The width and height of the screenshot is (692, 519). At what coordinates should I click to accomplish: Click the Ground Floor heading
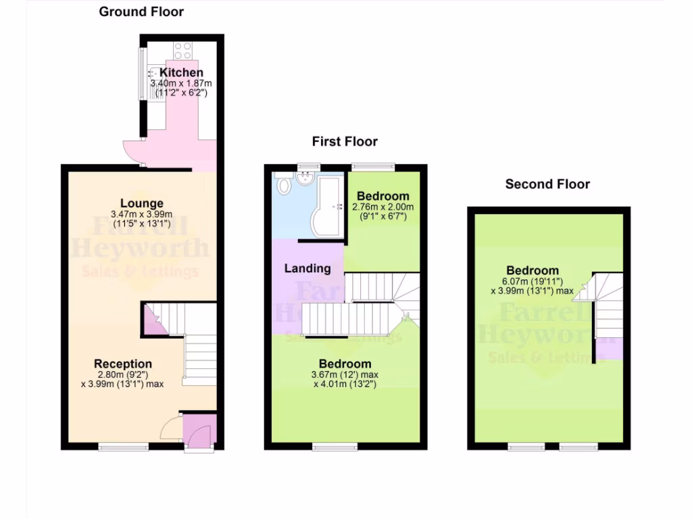141,11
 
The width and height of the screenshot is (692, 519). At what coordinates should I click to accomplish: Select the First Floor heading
345,141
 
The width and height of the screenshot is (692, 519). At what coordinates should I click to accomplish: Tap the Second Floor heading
547,184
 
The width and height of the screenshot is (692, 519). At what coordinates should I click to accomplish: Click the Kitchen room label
181,72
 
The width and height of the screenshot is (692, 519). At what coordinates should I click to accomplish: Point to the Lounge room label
142,203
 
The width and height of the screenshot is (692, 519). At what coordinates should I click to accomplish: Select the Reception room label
123,364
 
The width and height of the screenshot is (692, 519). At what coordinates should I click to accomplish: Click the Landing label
307,268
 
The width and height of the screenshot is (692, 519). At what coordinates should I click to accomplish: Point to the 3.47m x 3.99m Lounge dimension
142,214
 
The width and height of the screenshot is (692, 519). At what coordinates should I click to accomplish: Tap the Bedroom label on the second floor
533,271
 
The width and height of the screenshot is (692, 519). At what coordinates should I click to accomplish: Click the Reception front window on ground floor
123,446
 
